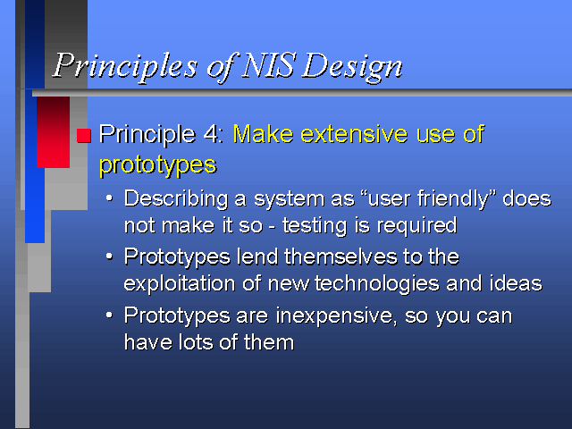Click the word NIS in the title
click(267, 65)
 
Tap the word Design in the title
click(352, 68)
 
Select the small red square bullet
click(83, 135)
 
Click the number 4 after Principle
click(212, 134)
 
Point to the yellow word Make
click(263, 133)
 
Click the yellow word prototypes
click(158, 165)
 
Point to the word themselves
click(341, 257)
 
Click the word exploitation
click(179, 284)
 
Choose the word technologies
click(377, 284)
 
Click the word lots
click(196, 342)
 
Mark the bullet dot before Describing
click(109, 198)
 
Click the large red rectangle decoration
click(54, 132)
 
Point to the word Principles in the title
click(125, 67)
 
